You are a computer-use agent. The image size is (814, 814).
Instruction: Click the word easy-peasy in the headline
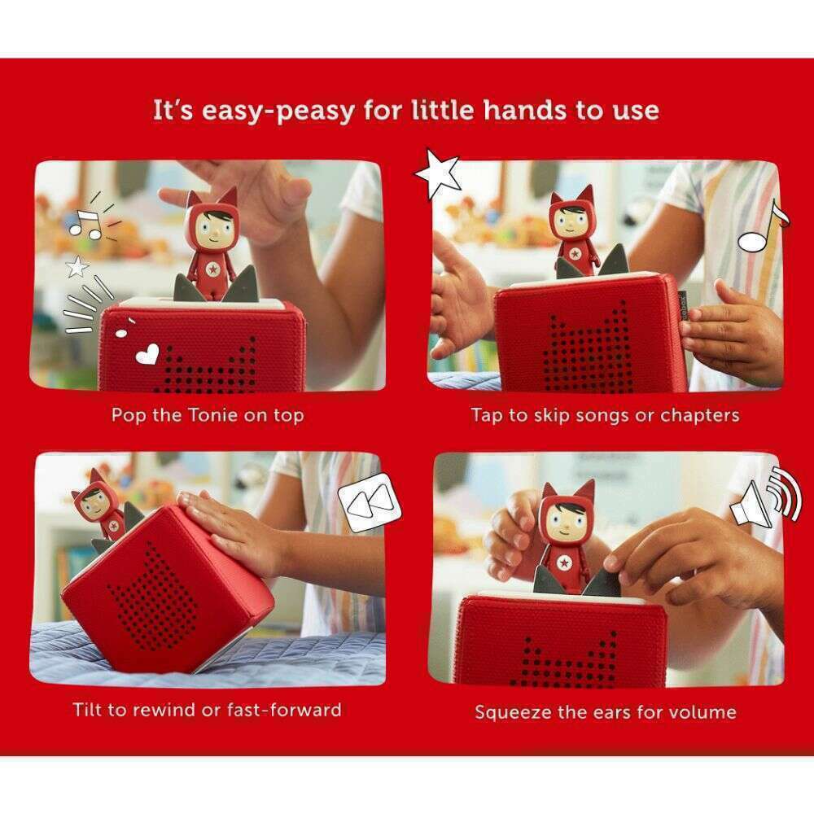coord(278,112)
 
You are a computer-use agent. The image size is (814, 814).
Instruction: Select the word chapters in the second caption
coord(700,415)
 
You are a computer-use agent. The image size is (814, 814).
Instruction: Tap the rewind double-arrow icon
coord(370,502)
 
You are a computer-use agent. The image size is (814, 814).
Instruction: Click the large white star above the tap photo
coord(438,173)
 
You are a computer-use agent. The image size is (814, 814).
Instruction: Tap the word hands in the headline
coord(524,110)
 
